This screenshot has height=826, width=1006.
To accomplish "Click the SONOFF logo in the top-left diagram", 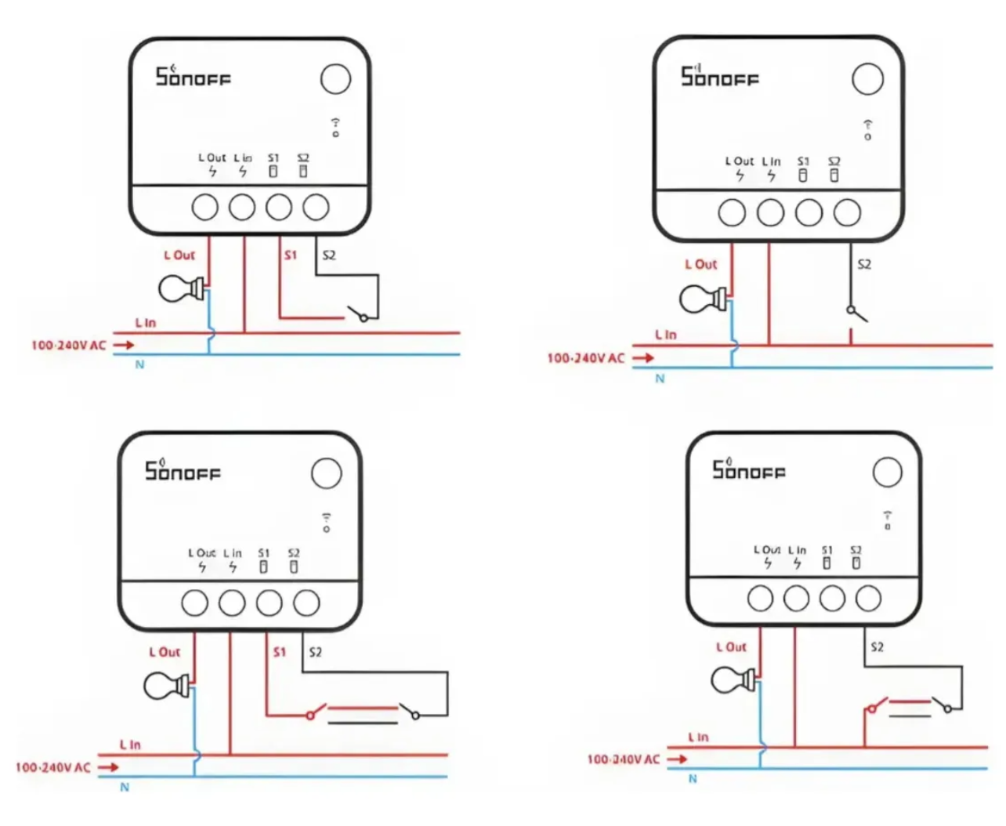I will (x=193, y=77).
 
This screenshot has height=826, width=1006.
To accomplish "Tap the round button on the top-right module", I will (x=867, y=79).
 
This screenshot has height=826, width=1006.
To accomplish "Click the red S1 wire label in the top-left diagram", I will (x=291, y=255).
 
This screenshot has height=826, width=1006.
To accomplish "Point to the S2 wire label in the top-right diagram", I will (x=864, y=265).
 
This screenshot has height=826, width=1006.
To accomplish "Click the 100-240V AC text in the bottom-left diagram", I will (x=53, y=767).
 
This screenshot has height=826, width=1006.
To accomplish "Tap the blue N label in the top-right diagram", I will (x=660, y=379).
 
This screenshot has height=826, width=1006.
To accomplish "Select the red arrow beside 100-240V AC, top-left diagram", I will (x=123, y=345).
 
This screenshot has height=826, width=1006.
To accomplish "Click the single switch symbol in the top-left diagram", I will (x=359, y=315).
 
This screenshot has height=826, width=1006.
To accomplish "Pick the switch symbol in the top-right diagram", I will (x=856, y=313).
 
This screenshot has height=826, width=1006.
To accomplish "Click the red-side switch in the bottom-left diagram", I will (x=313, y=713).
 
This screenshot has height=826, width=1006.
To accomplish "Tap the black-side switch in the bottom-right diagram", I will (x=942, y=705).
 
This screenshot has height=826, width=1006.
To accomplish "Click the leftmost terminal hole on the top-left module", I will (x=205, y=208).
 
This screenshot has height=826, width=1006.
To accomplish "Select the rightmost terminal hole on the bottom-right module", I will (x=868, y=599).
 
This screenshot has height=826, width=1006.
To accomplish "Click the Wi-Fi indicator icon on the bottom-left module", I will (x=327, y=522).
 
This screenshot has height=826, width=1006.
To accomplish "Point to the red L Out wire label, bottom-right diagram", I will (x=731, y=647).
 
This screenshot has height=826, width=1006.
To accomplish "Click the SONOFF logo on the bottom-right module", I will (x=748, y=469).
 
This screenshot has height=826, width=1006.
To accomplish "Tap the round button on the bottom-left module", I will (x=327, y=473).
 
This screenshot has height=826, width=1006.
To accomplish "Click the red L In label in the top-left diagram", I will (x=146, y=323).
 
